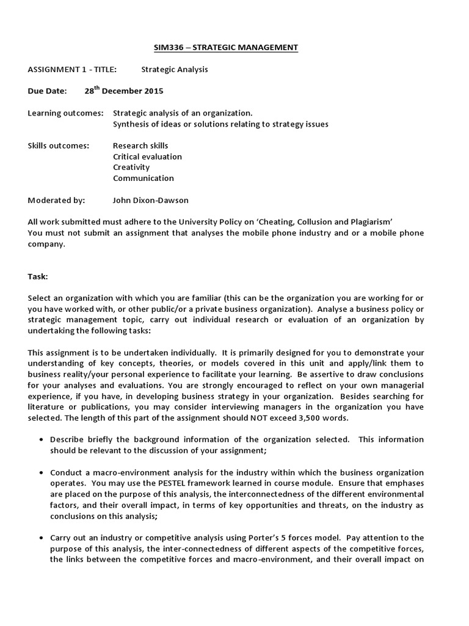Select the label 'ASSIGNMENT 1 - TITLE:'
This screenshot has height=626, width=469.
tap(72, 69)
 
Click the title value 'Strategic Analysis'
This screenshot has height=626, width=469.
tap(175, 69)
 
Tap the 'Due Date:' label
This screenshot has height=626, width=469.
tap(46, 91)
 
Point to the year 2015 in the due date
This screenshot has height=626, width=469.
tap(153, 91)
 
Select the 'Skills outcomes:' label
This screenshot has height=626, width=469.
tap(59, 145)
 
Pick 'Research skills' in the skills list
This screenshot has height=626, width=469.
tap(140, 145)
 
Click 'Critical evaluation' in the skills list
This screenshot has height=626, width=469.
tap(147, 156)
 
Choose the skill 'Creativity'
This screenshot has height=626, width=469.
tap(131, 168)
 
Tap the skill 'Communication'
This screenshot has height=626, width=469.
tap(144, 179)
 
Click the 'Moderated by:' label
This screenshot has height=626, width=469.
tap(57, 200)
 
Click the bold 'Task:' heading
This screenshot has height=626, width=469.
tap(38, 276)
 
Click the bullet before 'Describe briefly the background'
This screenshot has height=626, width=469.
tap(40, 440)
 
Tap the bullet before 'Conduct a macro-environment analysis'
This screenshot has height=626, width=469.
tap(40, 473)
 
